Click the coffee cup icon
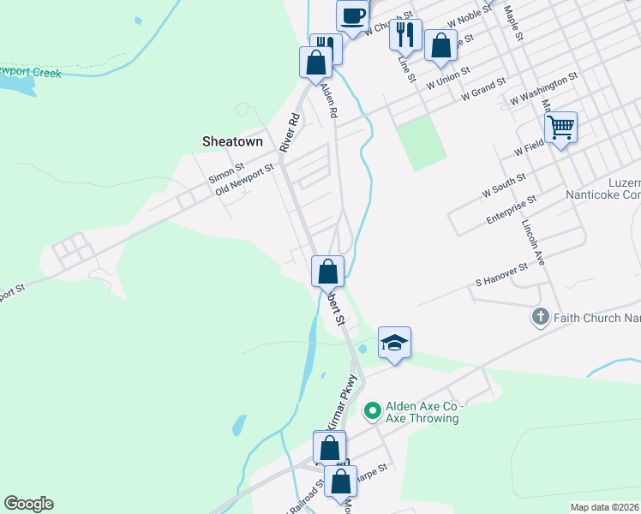point(352,16)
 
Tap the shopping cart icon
point(560,128)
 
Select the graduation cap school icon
point(394,344)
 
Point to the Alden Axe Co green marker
point(372,411)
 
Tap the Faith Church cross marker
point(540,318)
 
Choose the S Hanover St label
point(510,275)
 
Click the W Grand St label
point(483,90)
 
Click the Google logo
point(28,504)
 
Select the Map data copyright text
point(604,507)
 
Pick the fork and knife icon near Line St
point(405,35)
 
